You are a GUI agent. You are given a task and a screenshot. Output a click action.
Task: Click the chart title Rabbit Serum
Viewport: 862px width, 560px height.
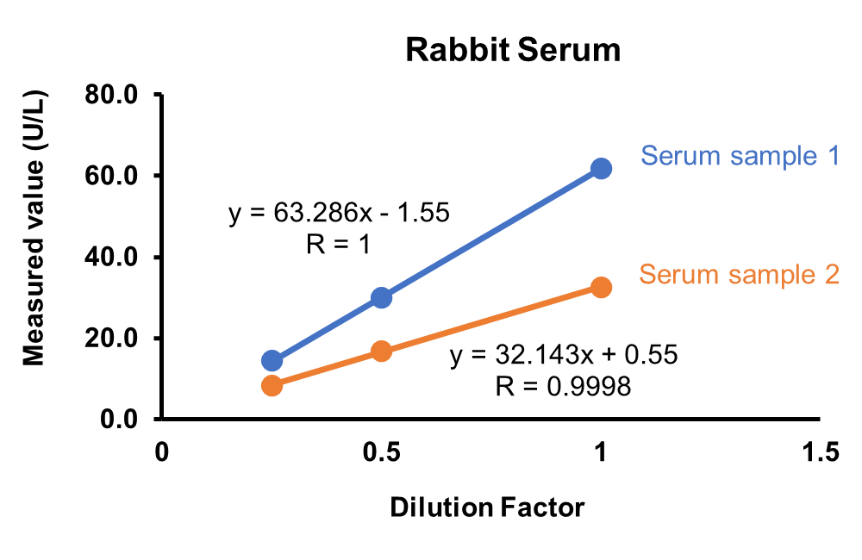click(x=513, y=51)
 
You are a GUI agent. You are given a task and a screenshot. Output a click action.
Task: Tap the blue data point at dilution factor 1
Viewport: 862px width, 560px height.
click(x=601, y=169)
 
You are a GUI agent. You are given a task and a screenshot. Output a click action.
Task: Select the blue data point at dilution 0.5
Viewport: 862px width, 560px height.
click(x=381, y=297)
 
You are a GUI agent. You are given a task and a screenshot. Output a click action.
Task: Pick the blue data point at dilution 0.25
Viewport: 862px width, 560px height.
click(x=272, y=360)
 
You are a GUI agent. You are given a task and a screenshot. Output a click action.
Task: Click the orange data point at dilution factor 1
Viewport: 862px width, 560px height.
click(x=601, y=287)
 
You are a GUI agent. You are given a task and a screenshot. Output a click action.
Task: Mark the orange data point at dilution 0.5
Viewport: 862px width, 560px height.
click(x=381, y=351)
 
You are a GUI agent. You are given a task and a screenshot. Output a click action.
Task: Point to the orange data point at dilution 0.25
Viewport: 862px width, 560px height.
click(x=272, y=385)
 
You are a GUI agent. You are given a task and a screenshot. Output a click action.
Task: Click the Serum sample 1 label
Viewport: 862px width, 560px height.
click(x=739, y=157)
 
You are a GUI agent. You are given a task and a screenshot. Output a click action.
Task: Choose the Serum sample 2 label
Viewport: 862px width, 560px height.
click(x=739, y=275)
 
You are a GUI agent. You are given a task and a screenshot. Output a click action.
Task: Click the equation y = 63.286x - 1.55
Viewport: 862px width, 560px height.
click(x=339, y=213)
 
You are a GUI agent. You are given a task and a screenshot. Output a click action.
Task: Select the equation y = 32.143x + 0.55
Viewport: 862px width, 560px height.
click(x=564, y=355)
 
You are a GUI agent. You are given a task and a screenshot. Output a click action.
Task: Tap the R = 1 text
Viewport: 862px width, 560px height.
click(x=338, y=245)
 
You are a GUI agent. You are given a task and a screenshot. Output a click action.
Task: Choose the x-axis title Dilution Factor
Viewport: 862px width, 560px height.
click(x=487, y=507)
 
